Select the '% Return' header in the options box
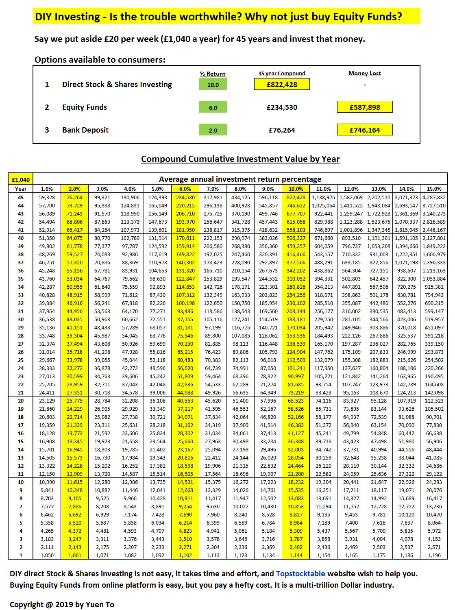click(213, 74)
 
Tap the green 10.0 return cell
click(213, 85)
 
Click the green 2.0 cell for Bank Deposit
click(213, 130)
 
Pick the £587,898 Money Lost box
click(365, 107)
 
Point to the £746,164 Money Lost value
click(365, 130)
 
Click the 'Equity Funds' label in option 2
click(85, 107)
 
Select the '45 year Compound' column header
click(282, 74)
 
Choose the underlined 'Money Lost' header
click(365, 74)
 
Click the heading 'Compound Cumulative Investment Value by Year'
click(240, 159)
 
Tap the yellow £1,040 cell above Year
click(20, 179)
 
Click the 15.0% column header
click(434, 189)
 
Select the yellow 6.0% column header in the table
click(185, 189)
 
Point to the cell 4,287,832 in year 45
click(434, 198)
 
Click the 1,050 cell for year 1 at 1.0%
click(47, 556)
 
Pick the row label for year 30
click(20, 320)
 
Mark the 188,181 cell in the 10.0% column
click(296, 320)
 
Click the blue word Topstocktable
click(300, 574)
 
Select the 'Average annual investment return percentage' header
click(240, 179)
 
